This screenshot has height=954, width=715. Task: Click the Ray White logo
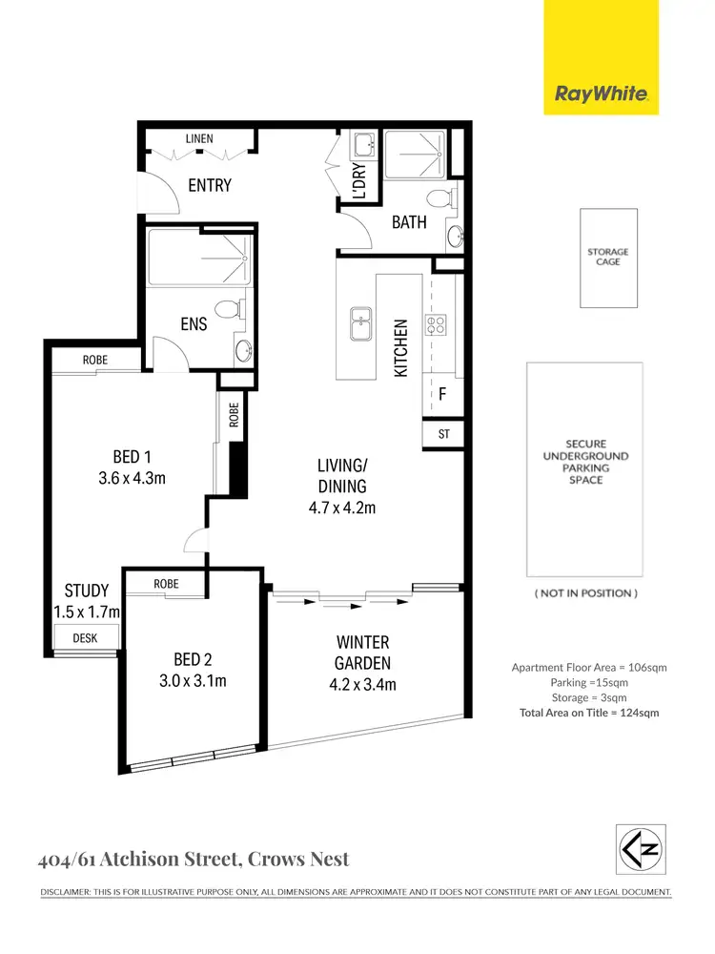(601, 93)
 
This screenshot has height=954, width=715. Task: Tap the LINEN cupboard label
(199, 139)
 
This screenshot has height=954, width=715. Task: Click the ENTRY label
(210, 185)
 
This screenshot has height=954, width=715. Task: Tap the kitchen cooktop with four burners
(436, 325)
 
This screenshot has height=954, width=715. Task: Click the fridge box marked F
(442, 393)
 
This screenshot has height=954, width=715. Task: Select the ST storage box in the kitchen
(443, 434)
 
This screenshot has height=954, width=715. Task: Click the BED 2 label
(187, 659)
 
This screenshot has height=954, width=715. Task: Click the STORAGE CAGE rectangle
(608, 258)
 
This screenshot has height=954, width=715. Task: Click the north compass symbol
(640, 849)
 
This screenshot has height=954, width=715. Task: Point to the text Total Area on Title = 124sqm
(588, 713)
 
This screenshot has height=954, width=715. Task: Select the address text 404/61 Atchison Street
(135, 860)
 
